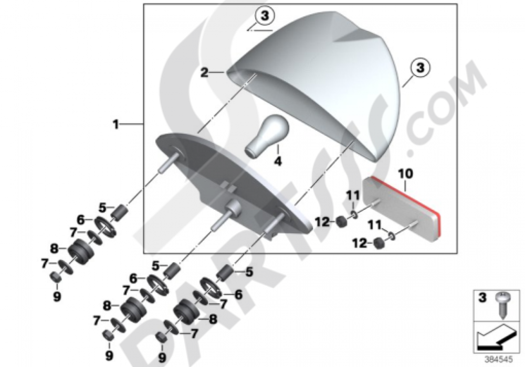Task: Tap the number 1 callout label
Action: point(116,125)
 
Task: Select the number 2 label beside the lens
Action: point(204,72)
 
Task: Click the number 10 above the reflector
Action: point(405,174)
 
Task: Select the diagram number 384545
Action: point(499,360)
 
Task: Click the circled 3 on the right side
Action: point(420,68)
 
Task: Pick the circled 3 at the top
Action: point(265,16)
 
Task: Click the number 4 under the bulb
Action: point(278,161)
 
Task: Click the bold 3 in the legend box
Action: point(482,297)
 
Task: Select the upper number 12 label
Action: point(322,222)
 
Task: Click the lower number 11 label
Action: point(375,225)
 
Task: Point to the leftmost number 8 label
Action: point(54,249)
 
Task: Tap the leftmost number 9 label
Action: point(57,296)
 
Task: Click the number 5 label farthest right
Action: point(249,272)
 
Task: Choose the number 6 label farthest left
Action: point(80,220)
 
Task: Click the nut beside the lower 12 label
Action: point(379,243)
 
